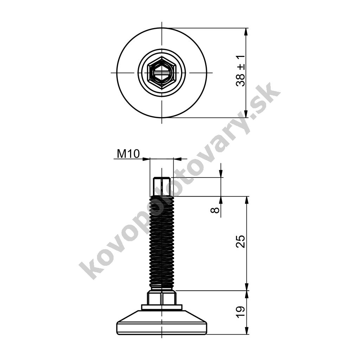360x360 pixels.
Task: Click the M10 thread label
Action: (x=128, y=154)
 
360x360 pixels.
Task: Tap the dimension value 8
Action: (x=215, y=210)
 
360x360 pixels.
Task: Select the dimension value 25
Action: (x=240, y=241)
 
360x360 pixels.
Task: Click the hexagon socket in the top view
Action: (x=162, y=72)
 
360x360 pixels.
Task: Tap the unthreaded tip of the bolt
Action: (x=162, y=186)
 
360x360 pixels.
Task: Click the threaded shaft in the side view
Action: (x=162, y=243)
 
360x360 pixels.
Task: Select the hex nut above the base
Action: (x=162, y=297)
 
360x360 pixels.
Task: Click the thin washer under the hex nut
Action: (x=162, y=307)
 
